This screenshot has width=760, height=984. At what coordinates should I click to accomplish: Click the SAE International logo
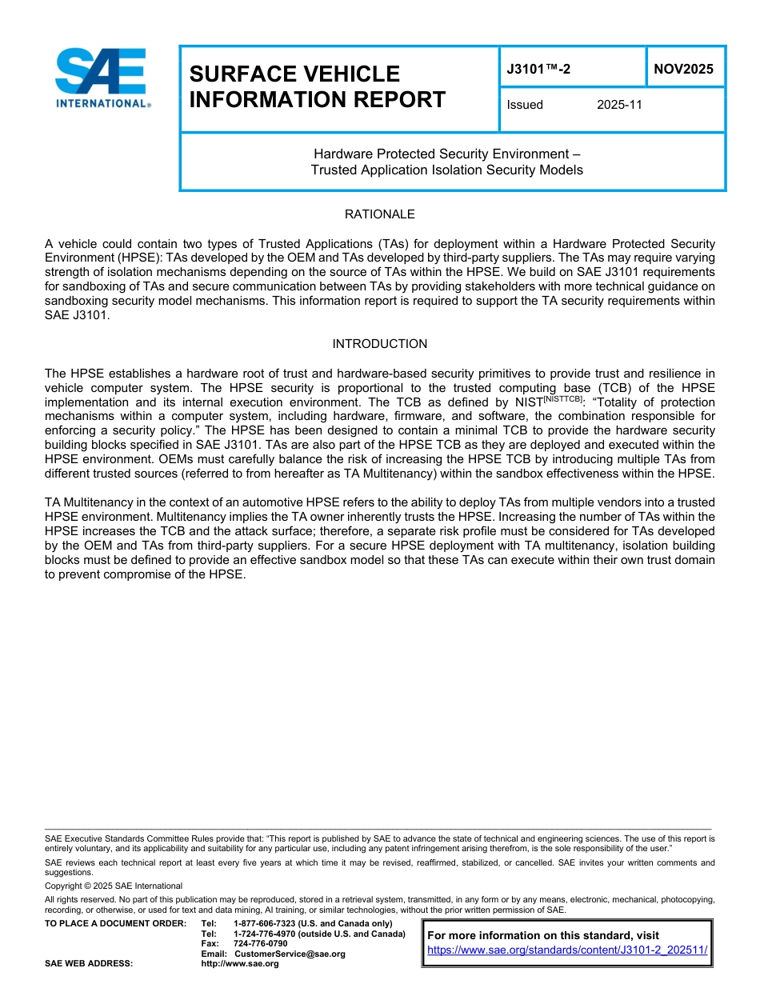coord(102,78)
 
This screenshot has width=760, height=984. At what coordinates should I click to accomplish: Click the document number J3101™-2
coord(538,69)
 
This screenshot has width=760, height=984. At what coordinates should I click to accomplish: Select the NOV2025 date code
coord(683,69)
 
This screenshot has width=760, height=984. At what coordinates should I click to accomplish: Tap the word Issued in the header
coord(525,105)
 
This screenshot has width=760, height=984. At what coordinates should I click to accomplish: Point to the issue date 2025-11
coord(619,105)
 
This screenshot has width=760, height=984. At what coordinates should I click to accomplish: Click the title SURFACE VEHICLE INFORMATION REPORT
coord(317,86)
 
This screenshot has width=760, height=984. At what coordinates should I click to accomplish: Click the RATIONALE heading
coord(379,214)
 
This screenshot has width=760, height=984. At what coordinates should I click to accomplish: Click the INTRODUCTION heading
coord(379,344)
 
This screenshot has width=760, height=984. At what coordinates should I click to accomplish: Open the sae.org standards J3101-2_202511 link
coord(567,950)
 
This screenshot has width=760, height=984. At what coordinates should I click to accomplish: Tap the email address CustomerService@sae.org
coord(290,954)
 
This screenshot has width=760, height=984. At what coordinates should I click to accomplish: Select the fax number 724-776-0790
coord(260,943)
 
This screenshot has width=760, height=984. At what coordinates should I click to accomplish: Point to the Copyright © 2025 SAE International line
coord(114,886)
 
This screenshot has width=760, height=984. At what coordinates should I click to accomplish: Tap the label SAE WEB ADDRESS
coord(89,963)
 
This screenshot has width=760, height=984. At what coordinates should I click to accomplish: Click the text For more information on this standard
coord(543,935)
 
